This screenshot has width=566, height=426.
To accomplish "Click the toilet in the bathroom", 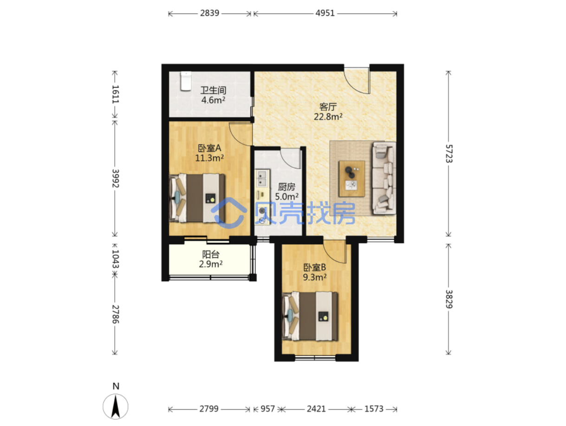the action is pyautogui.click(x=185, y=81).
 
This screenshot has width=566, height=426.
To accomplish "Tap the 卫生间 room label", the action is pyautogui.click(x=213, y=90).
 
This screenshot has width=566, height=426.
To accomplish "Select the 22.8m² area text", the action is pyautogui.click(x=328, y=117).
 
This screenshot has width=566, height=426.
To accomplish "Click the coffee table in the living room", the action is pyautogui.click(x=351, y=179).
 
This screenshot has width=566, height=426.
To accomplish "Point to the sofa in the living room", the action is pyautogui.click(x=384, y=178).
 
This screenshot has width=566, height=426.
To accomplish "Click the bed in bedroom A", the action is pyautogui.click(x=197, y=198).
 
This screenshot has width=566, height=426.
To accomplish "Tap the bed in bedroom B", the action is pyautogui.click(x=310, y=316).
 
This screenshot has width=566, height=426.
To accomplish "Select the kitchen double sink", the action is pyautogui.click(x=262, y=178).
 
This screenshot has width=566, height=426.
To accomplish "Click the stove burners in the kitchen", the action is pyautogui.click(x=262, y=215).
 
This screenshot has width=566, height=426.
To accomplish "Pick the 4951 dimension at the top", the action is pyautogui.click(x=325, y=13).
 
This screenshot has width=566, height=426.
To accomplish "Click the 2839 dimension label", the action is pyautogui.click(x=210, y=13).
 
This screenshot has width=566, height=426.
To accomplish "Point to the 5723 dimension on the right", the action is pyautogui.click(x=449, y=154).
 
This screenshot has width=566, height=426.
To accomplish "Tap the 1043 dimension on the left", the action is pyautogui.click(x=115, y=259).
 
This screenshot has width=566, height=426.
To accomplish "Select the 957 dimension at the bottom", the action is pyautogui.click(x=267, y=409).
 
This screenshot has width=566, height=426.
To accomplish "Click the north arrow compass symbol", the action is pyautogui.click(x=116, y=407).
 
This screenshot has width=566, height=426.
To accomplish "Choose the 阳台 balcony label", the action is pyautogui.click(x=211, y=254).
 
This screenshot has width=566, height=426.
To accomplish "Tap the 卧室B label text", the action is pyautogui.click(x=315, y=267).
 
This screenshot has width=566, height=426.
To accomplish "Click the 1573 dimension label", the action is pyautogui.click(x=374, y=409).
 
